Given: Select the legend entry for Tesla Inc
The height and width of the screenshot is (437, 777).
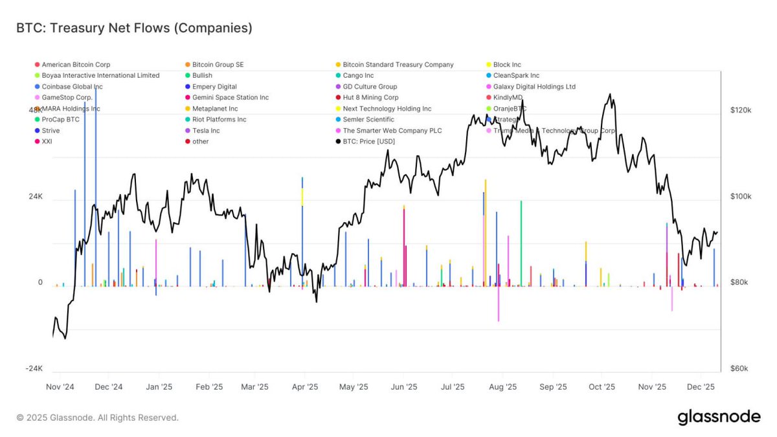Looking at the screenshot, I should point(206,131).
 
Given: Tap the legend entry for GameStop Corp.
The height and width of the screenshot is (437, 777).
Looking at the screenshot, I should point(67,98).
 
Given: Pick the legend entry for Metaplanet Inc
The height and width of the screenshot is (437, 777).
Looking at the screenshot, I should point(215,109).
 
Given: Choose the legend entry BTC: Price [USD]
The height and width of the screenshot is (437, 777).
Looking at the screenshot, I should point(368,142).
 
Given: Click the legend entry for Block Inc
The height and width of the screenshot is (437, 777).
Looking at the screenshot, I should point(506,65).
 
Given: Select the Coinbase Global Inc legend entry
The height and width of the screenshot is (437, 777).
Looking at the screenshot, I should point(72,87).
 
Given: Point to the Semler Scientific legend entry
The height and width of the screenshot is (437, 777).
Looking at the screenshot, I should point(368,120).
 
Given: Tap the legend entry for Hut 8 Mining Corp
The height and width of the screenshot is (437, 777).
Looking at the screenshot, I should point(370,98).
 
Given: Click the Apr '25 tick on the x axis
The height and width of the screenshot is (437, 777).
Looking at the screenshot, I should point(304,387).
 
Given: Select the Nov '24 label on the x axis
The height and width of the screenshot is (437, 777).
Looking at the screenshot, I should point(60,387).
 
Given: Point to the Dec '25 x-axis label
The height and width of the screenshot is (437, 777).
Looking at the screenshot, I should point(700,387).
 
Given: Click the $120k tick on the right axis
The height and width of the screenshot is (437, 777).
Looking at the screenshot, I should point(739,111).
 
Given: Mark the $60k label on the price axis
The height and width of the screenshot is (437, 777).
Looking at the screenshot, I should point(739,369).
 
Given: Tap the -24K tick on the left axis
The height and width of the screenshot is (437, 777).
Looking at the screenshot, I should point(34,369).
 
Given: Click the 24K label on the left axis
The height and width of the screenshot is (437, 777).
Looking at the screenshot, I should point(35,197).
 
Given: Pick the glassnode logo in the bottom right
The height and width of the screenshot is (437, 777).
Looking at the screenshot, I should point(719,418).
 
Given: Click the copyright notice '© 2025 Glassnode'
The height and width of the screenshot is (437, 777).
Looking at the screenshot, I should point(97,418).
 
